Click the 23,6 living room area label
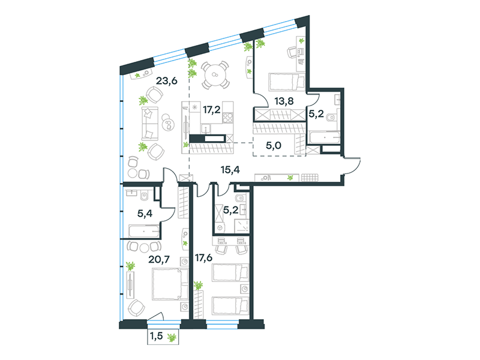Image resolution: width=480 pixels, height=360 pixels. (x=167, y=81)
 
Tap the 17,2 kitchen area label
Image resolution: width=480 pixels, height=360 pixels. (x=212, y=109)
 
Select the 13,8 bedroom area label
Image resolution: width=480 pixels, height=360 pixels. (x=284, y=101)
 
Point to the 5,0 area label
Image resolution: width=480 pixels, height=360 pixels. (x=274, y=145)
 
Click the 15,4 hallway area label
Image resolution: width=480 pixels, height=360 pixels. (x=230, y=170)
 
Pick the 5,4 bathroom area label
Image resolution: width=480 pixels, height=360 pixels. (x=145, y=214)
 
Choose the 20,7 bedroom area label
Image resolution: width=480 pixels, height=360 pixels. (x=159, y=260)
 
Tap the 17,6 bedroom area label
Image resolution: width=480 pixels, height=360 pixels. (x=204, y=258)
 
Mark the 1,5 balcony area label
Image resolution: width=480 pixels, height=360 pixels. (x=156, y=337)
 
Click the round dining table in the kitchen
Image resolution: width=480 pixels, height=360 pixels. (x=215, y=75)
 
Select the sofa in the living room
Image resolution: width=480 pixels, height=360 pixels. (x=150, y=124)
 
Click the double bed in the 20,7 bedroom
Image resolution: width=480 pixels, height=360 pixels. (x=170, y=284)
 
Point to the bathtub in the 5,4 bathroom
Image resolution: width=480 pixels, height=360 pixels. (x=144, y=232)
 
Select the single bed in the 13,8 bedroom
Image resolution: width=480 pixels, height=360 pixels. (x=287, y=82)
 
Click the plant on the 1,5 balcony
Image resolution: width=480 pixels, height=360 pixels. (x=172, y=338)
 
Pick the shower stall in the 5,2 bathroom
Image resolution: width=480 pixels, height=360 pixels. (x=242, y=226)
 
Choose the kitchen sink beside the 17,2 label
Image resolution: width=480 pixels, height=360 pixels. (x=206, y=128)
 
